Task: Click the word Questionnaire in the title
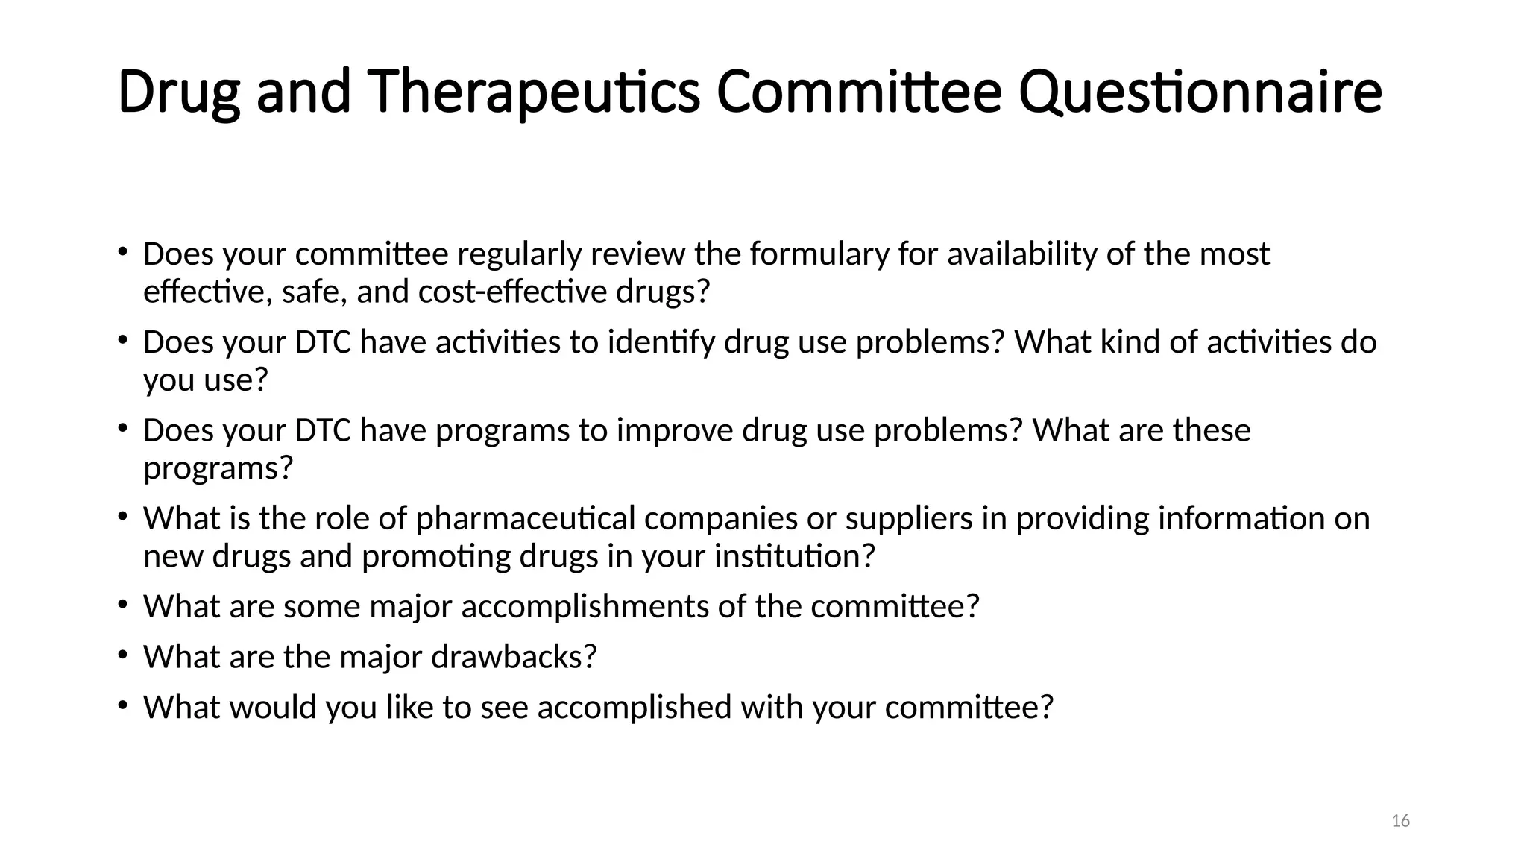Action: point(1200,92)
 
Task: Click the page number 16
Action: point(1400,821)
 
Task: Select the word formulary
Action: point(819,254)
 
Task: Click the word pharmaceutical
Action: point(526,519)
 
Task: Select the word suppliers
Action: point(909,519)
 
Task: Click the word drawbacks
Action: point(514,657)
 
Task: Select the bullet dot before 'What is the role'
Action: point(122,517)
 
